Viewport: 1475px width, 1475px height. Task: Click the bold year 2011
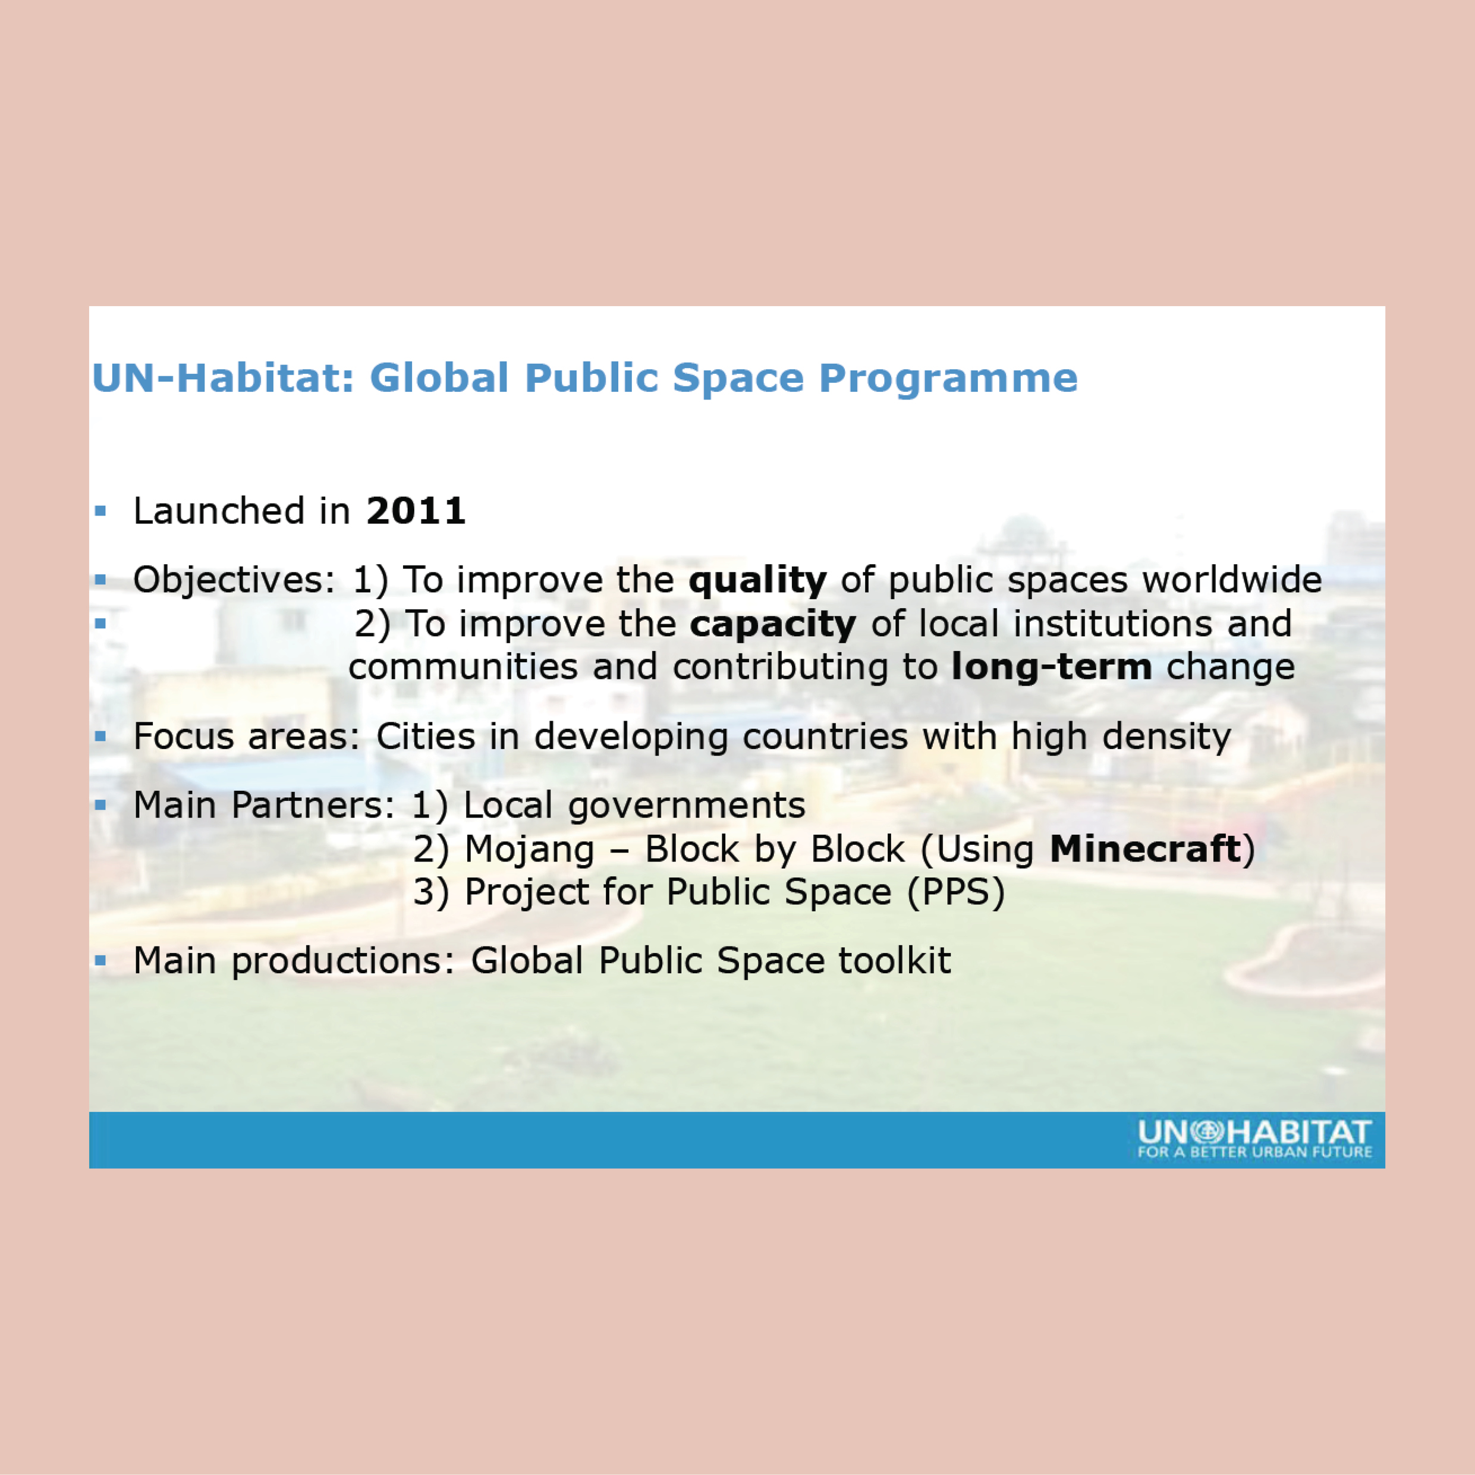point(416,511)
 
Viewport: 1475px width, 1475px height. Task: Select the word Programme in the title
point(948,379)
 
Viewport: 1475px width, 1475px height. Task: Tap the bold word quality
point(757,581)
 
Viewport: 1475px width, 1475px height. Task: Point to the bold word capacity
point(773,624)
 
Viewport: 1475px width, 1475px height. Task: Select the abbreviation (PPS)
point(956,892)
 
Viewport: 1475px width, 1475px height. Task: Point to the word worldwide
point(1232,580)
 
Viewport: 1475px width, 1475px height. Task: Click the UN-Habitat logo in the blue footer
point(1254,1139)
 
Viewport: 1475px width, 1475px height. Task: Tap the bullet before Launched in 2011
point(100,511)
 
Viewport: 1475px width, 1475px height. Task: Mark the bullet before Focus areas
point(100,737)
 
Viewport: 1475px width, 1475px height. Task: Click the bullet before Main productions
point(100,960)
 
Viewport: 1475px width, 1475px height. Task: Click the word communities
point(463,667)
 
